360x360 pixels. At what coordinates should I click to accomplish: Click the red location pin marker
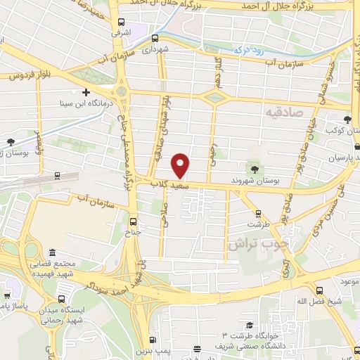click(181, 165)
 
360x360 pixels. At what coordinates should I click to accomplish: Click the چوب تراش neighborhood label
click(257, 244)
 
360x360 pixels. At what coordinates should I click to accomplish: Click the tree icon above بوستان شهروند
click(254, 169)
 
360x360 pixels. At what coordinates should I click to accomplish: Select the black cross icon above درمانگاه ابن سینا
click(86, 92)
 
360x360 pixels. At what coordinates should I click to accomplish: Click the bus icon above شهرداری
click(155, 39)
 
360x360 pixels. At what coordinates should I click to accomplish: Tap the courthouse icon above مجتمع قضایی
click(51, 252)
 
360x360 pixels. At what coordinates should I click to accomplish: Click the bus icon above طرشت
click(258, 214)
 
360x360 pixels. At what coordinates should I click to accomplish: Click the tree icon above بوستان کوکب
click(349, 120)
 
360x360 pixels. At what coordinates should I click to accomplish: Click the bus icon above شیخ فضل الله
click(320, 290)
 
